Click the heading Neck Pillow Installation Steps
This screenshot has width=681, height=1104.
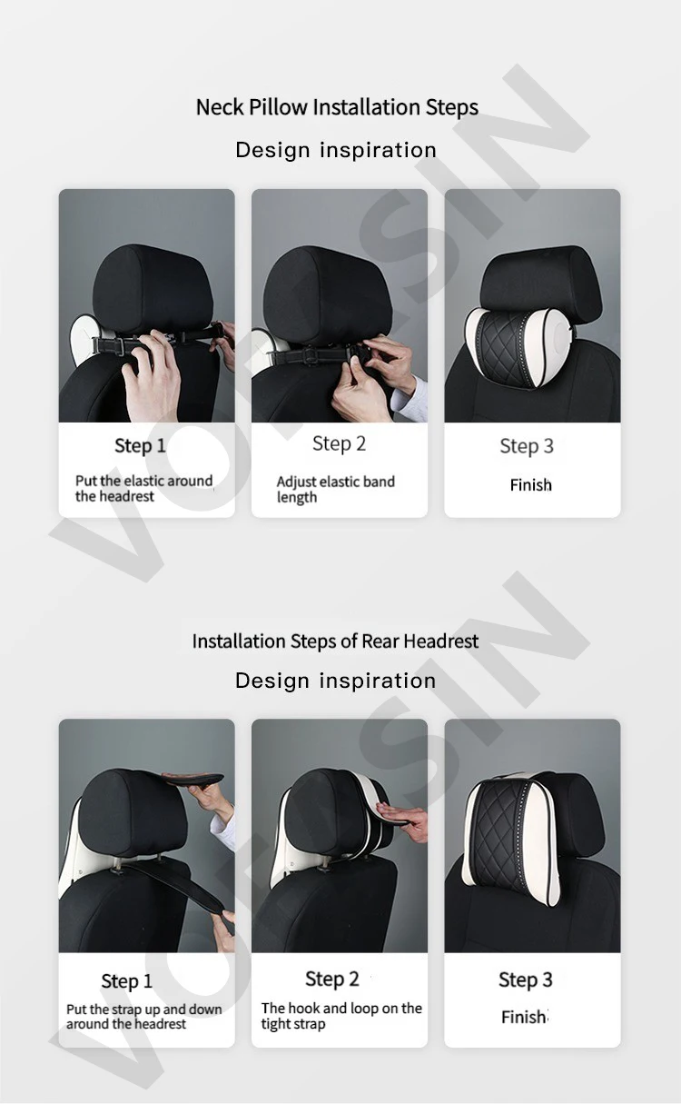coord(337,107)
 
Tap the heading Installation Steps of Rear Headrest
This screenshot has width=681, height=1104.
coord(335,642)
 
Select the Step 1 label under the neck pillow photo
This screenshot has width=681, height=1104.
coord(140,446)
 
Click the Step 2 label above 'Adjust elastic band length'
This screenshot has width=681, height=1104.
coord(340,444)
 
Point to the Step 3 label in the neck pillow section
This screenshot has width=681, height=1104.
coord(527,446)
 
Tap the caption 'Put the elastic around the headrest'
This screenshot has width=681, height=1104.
coord(143,489)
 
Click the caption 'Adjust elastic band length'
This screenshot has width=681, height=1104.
coord(335,490)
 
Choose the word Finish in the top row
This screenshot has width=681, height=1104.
coord(530,485)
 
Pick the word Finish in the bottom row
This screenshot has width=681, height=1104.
coord(525,1017)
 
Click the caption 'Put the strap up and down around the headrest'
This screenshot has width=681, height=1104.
coord(143,1016)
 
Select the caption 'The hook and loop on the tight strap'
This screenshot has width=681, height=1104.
coord(341,1016)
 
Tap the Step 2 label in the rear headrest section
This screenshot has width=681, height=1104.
coord(332,980)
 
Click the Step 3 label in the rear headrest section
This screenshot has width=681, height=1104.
coord(526,980)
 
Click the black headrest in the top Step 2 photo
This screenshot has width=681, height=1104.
coord(328,294)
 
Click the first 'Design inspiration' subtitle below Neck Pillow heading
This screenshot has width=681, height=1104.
coord(336,150)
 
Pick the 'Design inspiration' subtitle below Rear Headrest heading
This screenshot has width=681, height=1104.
coord(335,681)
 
